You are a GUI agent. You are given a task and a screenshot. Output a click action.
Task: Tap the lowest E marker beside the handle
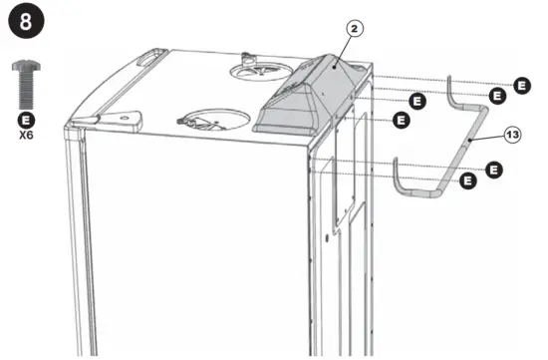pos(468,183)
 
